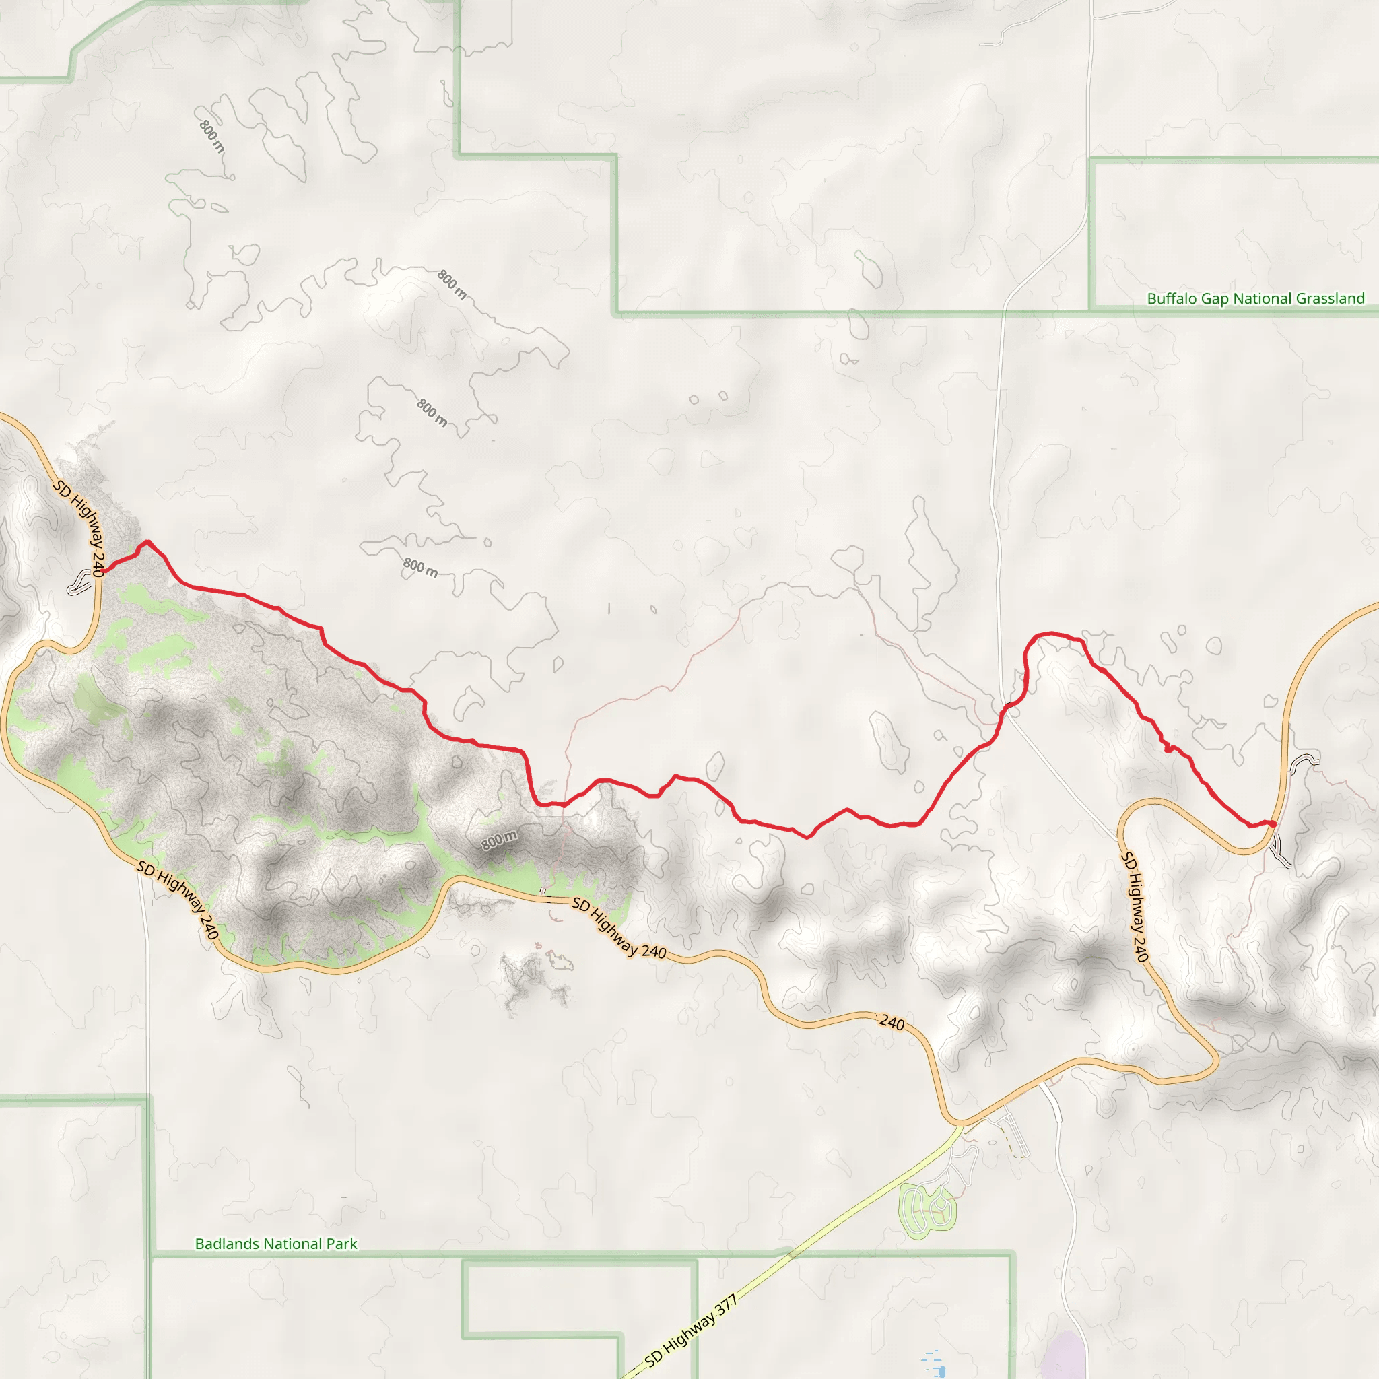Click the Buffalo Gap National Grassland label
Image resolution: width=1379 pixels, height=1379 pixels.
[x=1256, y=298]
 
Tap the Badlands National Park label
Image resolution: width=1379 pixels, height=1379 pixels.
[x=275, y=1244]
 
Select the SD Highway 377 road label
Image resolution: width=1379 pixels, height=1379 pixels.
[x=690, y=1332]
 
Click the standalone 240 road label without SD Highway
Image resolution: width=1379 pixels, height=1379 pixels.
[x=892, y=1023]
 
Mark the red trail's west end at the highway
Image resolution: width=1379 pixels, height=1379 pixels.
[x=103, y=572]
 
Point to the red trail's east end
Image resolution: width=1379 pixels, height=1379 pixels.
[x=1273, y=824]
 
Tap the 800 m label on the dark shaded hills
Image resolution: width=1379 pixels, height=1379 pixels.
[x=499, y=840]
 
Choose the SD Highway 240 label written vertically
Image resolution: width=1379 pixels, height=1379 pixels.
[x=1134, y=906]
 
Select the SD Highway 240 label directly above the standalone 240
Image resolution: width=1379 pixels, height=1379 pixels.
[x=619, y=929]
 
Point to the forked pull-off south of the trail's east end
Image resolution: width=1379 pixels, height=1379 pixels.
[x=1281, y=852]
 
